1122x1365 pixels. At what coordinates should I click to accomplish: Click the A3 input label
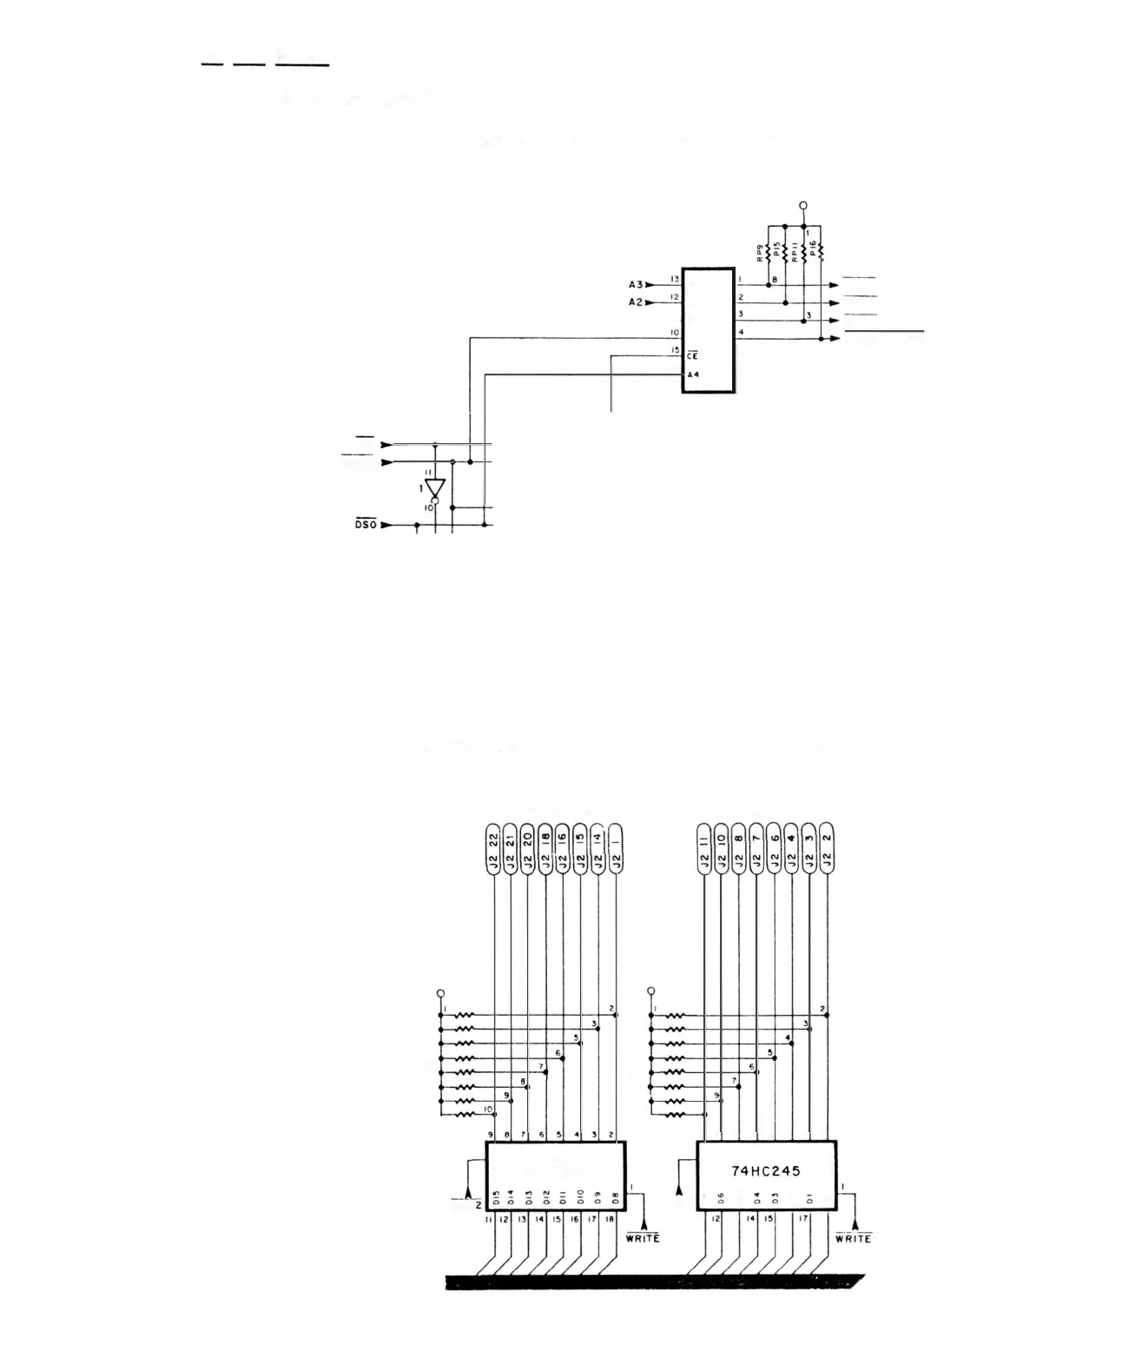point(636,284)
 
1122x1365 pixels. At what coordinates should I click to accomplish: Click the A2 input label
point(636,301)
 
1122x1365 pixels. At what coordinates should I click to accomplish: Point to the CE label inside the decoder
point(693,355)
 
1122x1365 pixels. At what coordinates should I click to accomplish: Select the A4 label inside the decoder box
point(693,374)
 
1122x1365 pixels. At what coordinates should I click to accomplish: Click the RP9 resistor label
point(760,252)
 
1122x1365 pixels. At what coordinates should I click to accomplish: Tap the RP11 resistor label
point(795,252)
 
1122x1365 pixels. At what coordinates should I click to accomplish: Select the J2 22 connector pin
point(493,848)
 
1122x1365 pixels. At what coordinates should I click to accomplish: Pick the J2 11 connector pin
point(704,848)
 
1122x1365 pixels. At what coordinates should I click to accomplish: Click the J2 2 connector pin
point(827,848)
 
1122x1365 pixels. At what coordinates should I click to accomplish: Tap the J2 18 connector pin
point(545,848)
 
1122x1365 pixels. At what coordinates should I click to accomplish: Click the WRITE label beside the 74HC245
point(853,1238)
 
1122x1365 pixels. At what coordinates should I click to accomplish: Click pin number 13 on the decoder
point(674,280)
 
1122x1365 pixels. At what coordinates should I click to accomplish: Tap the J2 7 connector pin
point(756,848)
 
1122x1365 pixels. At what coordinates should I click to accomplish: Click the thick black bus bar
point(651,1282)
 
